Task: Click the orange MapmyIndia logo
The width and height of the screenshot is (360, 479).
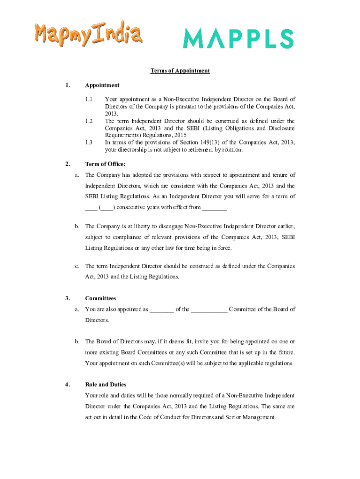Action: (x=87, y=35)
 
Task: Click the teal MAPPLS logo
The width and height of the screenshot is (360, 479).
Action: (x=238, y=38)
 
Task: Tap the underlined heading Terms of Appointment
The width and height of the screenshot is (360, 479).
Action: (x=180, y=71)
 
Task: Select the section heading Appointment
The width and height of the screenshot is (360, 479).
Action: (x=102, y=85)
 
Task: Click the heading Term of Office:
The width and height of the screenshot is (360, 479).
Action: (x=105, y=164)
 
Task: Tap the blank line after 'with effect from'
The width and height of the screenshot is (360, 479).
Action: (x=214, y=207)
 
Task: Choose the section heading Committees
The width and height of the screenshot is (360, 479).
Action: (x=101, y=298)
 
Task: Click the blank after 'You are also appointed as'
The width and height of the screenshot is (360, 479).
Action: (x=162, y=309)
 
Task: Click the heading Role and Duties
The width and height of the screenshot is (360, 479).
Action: (x=106, y=385)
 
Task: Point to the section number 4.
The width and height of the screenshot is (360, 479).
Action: (x=68, y=385)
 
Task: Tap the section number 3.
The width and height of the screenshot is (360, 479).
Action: (x=68, y=298)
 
